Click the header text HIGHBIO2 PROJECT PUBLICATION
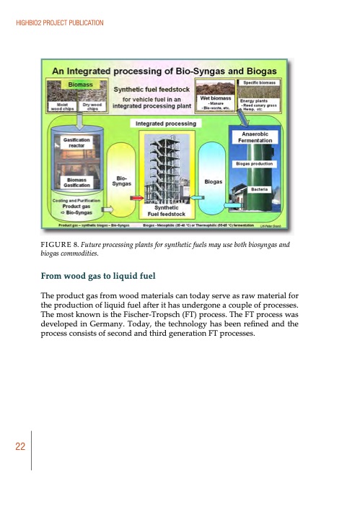[60, 25]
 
